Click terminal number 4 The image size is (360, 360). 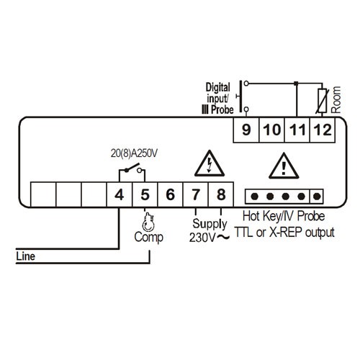(x=120, y=194)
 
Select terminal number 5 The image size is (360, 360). (x=145, y=194)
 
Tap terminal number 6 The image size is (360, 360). (x=170, y=194)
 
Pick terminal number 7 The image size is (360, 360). (x=196, y=194)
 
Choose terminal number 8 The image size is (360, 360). (x=221, y=194)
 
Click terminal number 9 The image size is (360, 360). (x=246, y=130)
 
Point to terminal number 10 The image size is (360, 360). (x=272, y=130)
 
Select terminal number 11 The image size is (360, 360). (x=297, y=130)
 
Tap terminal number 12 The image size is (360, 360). (x=323, y=130)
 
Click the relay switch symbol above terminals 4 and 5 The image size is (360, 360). (x=132, y=168)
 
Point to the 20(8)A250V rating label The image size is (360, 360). (x=134, y=153)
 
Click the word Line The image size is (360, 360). (x=25, y=256)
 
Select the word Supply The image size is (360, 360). (x=210, y=224)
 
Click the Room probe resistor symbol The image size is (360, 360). (x=322, y=101)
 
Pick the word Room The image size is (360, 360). (x=336, y=99)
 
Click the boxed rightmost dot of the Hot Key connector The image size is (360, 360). (x=317, y=197)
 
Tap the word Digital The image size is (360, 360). (x=218, y=87)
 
